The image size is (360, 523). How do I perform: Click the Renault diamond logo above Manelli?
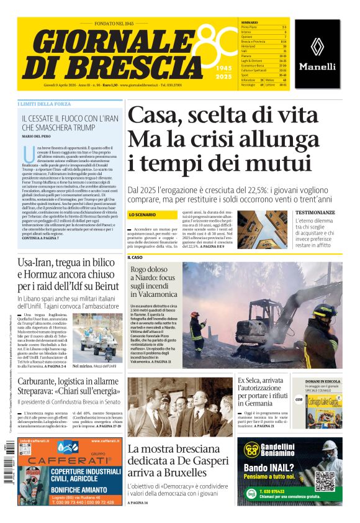[318, 46]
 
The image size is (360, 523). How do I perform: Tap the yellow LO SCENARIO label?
[142, 214]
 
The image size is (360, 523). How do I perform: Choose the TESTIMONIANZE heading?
[315, 212]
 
